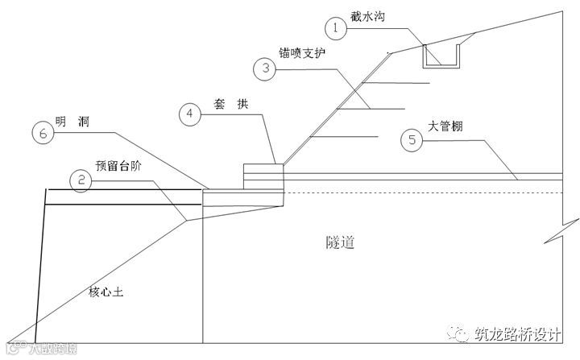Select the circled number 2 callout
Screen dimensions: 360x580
pyautogui.click(x=79, y=181)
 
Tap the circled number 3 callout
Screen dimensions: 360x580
pyautogui.click(x=263, y=69)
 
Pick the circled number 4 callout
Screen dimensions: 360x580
pyautogui.click(x=188, y=114)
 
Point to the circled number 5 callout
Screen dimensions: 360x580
pyautogui.click(x=412, y=140)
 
